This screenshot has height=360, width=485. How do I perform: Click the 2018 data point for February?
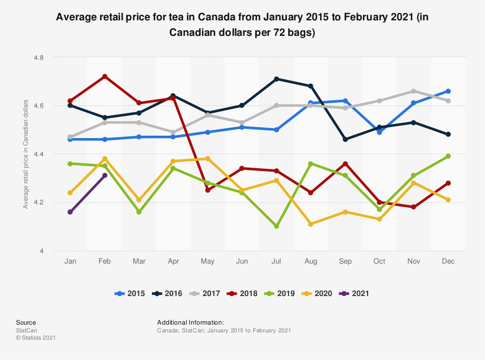click(x=105, y=77)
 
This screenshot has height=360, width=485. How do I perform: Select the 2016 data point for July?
click(x=276, y=79)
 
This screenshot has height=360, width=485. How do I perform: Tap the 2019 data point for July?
click(x=276, y=226)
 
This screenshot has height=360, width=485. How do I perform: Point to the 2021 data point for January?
click(x=70, y=212)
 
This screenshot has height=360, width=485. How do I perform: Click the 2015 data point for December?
click(x=448, y=91)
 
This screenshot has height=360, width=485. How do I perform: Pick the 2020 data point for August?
click(x=311, y=224)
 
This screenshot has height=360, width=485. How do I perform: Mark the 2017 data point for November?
click(x=414, y=91)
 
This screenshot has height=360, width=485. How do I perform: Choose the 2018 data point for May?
click(x=208, y=190)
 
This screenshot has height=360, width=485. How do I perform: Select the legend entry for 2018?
click(x=243, y=293)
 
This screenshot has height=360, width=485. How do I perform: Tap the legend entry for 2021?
click(x=356, y=293)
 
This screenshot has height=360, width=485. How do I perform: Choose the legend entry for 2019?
click(x=280, y=293)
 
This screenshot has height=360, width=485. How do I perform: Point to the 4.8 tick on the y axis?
click(x=38, y=57)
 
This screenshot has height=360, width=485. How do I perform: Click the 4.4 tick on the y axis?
click(x=38, y=154)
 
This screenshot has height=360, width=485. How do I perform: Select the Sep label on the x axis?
click(x=345, y=261)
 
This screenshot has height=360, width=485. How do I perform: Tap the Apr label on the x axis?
click(x=174, y=261)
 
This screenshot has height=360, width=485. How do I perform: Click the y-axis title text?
click(x=26, y=154)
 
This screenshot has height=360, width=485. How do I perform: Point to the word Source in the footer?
click(x=26, y=322)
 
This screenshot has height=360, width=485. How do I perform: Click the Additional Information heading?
click(x=191, y=322)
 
